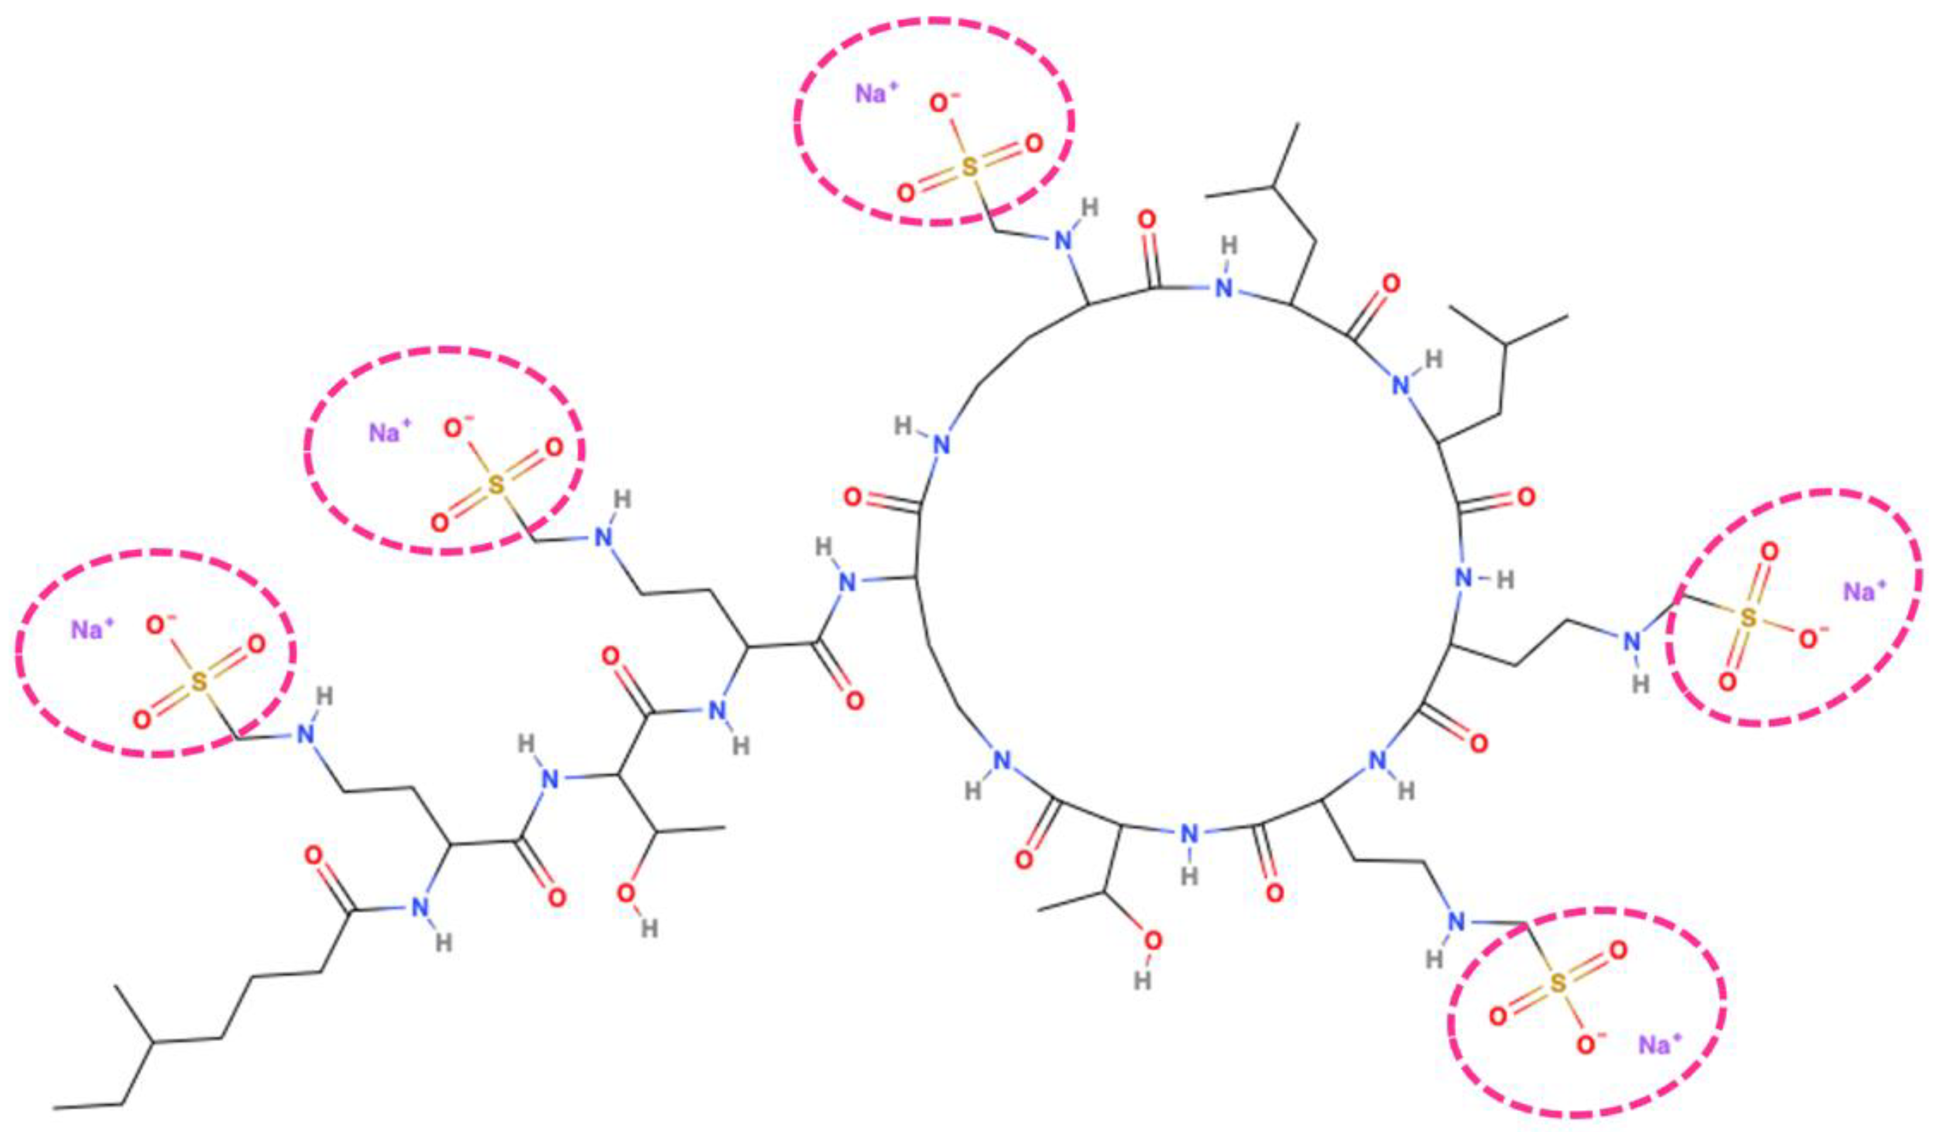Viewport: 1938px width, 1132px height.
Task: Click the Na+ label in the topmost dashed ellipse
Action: tap(877, 95)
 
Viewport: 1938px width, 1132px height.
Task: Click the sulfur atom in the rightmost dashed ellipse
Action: tap(1747, 618)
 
